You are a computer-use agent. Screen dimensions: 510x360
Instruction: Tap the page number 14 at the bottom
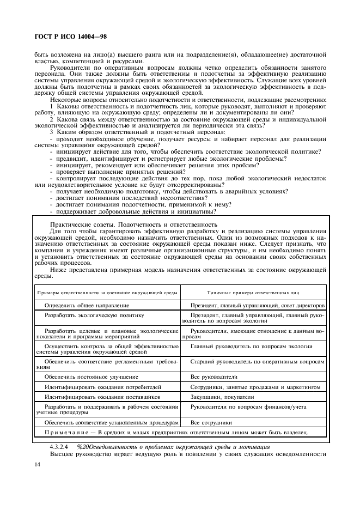click(37, 464)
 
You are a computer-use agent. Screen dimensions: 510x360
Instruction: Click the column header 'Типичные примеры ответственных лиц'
click(253, 293)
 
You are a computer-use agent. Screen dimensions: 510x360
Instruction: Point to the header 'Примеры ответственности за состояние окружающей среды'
click(107, 293)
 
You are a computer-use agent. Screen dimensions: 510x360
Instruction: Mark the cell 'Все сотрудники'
click(211, 422)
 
